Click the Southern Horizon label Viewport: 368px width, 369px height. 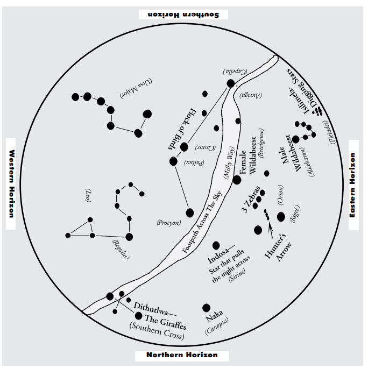click(183, 15)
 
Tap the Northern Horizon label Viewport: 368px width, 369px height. click(182, 355)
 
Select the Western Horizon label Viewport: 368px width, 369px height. click(11, 183)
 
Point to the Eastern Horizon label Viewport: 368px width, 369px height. click(352, 185)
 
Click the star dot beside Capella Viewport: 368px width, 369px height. click(231, 83)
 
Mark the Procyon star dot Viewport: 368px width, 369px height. click(190, 213)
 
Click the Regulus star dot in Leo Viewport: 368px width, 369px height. click(129, 237)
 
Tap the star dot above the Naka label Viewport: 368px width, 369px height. click(206, 308)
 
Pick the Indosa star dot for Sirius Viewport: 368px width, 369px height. click(216, 245)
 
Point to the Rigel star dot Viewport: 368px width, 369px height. click(281, 217)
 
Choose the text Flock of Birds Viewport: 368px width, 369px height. click(182, 129)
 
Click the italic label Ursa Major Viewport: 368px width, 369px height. click(136, 88)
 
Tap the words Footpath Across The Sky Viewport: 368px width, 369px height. click(202, 222)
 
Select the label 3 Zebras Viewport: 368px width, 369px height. click(251, 199)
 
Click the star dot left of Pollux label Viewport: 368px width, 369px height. click(173, 161)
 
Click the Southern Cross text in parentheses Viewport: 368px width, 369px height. click(157, 331)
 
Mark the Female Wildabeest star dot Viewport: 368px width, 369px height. click(237, 180)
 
